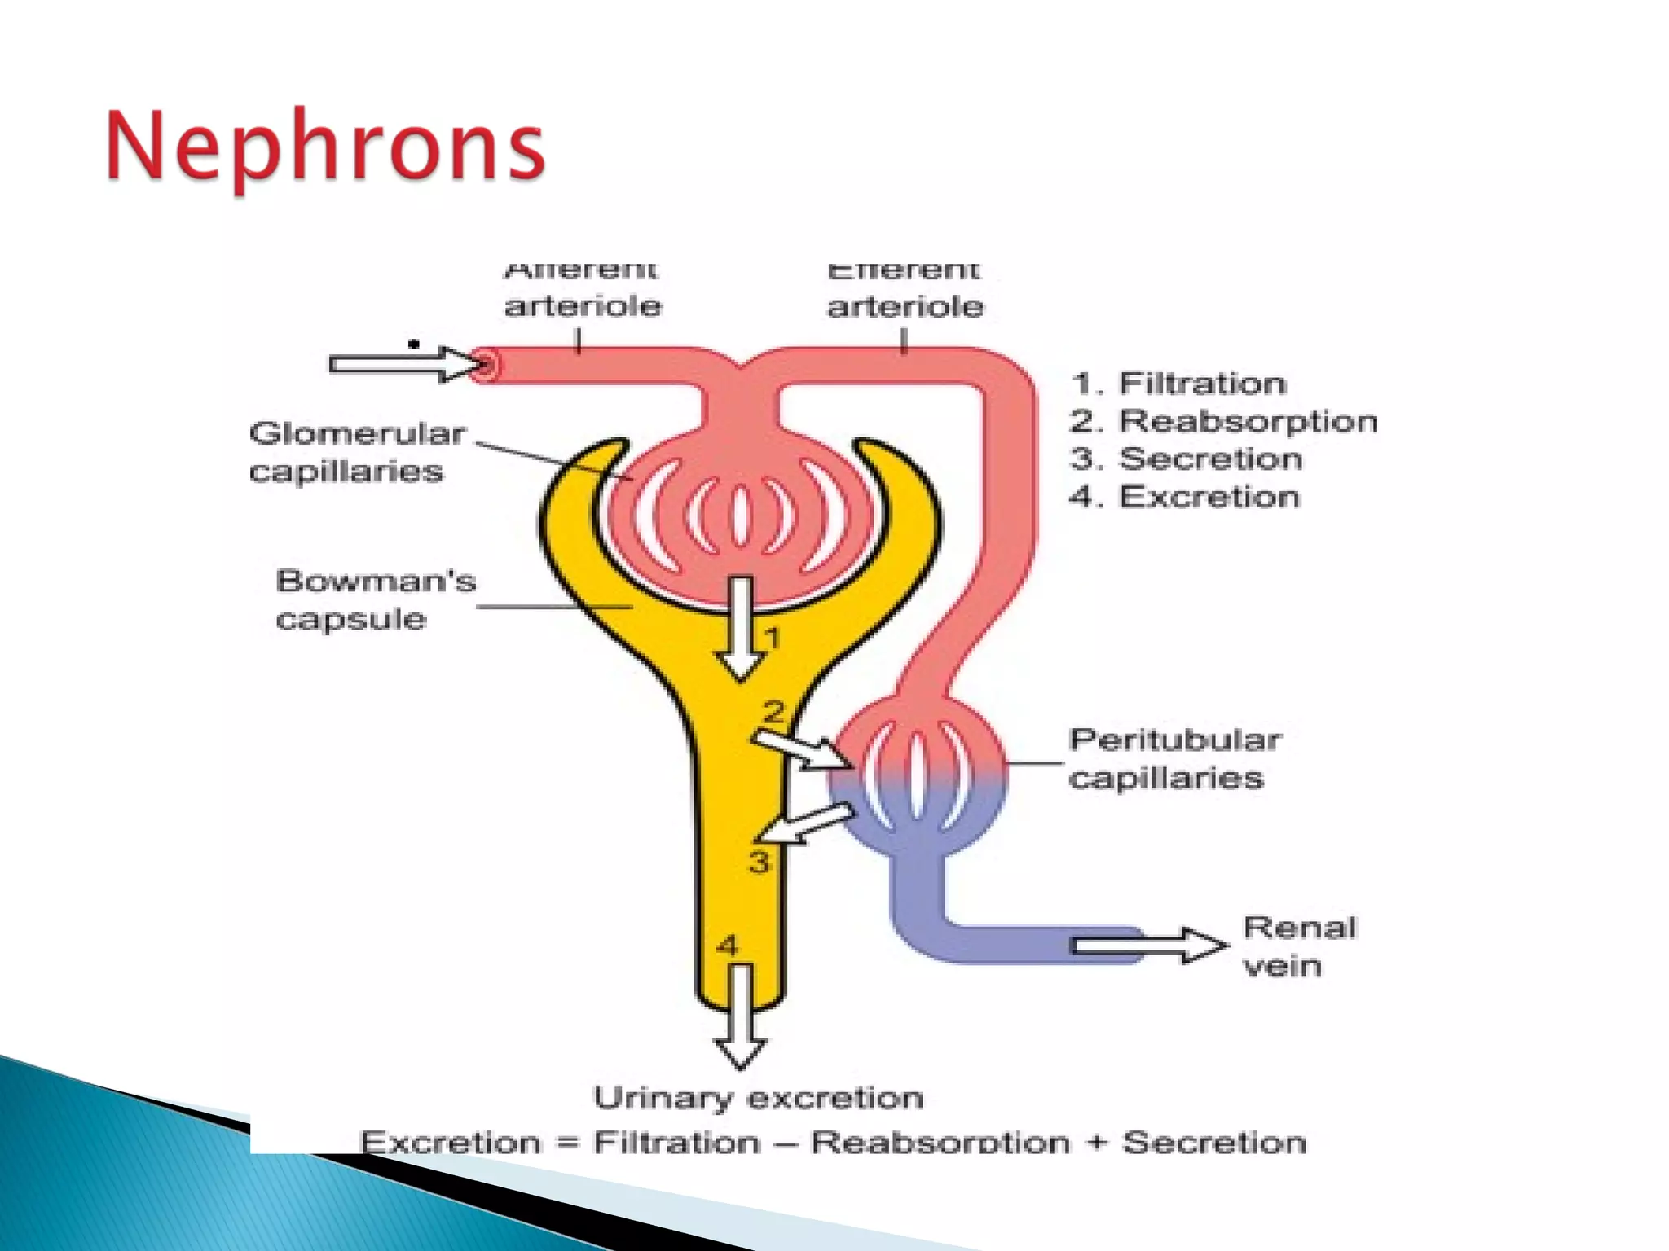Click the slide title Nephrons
click(x=324, y=147)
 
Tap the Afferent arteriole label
click(x=582, y=290)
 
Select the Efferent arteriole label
click(x=905, y=290)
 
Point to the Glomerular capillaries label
click(x=357, y=452)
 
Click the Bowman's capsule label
click(x=375, y=600)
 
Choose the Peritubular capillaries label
click(x=1174, y=758)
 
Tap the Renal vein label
click(x=1299, y=946)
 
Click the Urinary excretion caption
click(x=758, y=1098)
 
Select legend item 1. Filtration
click(x=1178, y=383)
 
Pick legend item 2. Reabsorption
click(x=1222, y=421)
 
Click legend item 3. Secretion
click(x=1186, y=459)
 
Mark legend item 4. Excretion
click(x=1184, y=497)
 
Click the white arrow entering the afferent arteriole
click(x=403, y=363)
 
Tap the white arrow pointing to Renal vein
click(x=1149, y=946)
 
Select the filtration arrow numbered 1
click(x=740, y=627)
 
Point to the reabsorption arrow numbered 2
click(x=803, y=749)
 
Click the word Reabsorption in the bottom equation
click(x=940, y=1143)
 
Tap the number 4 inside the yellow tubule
click(x=727, y=946)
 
